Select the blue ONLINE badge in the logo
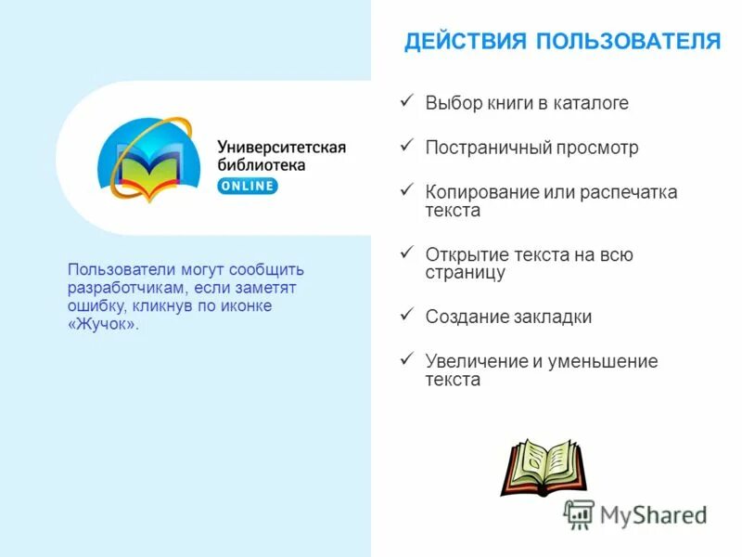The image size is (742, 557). click(248, 186)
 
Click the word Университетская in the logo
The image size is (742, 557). click(282, 147)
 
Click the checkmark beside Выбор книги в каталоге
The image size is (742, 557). click(405, 101)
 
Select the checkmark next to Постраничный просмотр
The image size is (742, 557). click(405, 146)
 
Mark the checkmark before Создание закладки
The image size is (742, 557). click(405, 315)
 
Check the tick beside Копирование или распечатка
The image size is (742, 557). click(405, 190)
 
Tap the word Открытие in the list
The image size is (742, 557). click(465, 254)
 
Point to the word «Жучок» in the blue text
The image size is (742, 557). click(103, 324)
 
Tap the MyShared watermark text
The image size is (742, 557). click(653, 514)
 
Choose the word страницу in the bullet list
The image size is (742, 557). click(466, 273)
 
